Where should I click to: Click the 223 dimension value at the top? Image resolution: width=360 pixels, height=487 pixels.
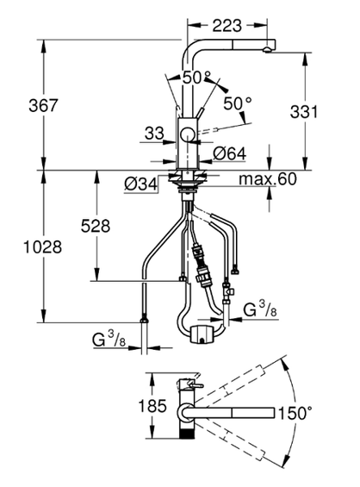227,26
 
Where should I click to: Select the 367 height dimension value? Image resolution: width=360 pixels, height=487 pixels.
43,105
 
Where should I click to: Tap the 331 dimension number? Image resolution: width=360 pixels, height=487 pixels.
304,111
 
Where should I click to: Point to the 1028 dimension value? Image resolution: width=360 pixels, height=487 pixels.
43,247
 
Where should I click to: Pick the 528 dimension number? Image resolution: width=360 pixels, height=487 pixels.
96,226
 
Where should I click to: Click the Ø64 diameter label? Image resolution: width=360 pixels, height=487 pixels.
230,153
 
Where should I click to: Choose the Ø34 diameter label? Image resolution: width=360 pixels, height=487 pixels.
141,184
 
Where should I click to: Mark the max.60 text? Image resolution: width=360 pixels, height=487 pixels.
268,179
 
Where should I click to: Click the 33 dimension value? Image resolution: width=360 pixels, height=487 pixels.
154,134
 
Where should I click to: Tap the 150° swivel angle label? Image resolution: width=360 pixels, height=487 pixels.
295,413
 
